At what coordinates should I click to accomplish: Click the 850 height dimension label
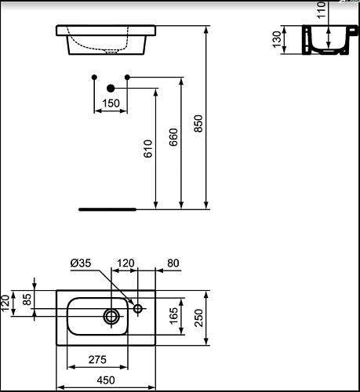(198, 124)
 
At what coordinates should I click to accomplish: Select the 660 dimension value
(173, 137)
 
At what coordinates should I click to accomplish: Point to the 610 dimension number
(148, 149)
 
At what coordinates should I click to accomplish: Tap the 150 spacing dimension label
(111, 103)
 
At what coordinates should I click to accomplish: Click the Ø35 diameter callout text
(81, 263)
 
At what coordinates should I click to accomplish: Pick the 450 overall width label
(106, 380)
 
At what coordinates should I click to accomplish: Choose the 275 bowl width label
(97, 360)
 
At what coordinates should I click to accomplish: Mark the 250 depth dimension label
(198, 318)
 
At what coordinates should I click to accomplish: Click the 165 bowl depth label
(173, 316)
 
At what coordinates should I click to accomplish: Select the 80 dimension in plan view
(173, 263)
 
